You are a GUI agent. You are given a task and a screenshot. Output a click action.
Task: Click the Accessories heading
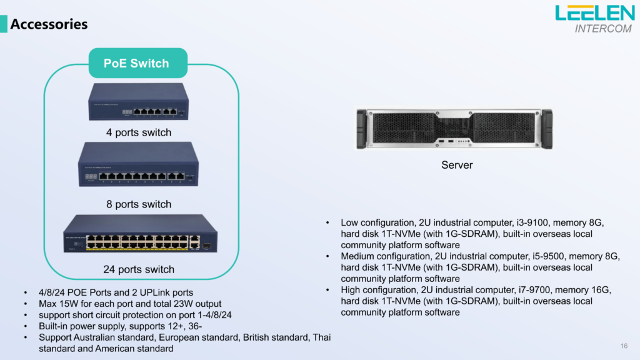click(49, 24)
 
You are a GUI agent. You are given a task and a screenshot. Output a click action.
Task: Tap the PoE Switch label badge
click(136, 63)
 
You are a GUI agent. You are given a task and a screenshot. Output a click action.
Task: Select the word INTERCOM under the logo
click(602, 29)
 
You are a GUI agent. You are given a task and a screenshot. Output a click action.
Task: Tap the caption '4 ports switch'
click(139, 132)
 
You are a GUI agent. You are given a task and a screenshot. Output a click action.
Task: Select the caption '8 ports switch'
click(139, 204)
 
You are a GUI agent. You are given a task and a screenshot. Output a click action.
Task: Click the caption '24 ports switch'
click(139, 269)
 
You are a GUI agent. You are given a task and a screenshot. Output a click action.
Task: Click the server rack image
click(454, 129)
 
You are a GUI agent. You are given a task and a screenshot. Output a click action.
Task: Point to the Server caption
click(457, 165)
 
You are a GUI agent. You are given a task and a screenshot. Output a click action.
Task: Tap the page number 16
click(624, 346)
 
